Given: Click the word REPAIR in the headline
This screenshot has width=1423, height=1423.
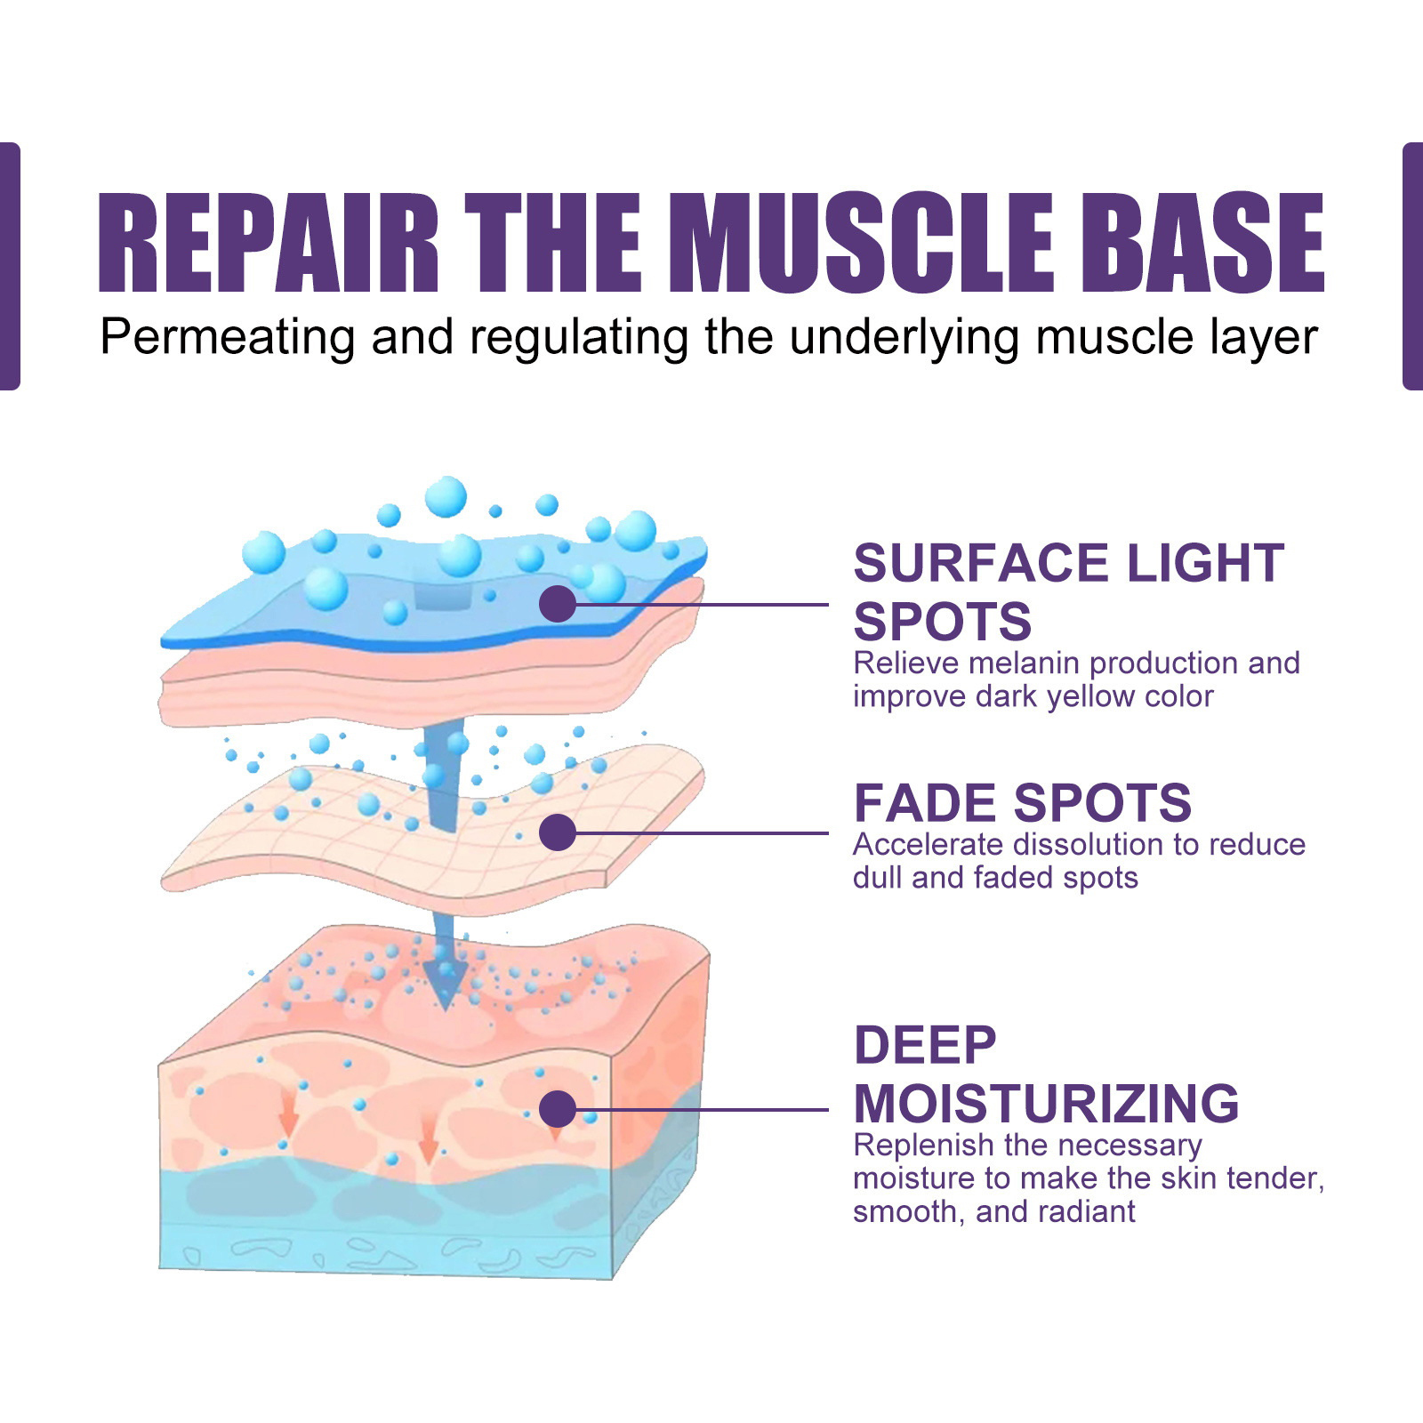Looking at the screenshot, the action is click(x=269, y=243).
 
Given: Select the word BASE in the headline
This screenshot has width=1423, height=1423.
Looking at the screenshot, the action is click(x=1202, y=243).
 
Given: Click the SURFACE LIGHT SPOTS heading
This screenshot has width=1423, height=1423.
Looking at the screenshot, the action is click(x=1068, y=591).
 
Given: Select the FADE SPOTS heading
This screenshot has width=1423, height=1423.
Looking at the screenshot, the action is click(x=1022, y=803).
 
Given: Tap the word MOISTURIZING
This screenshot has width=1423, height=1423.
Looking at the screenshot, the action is click(x=1046, y=1104).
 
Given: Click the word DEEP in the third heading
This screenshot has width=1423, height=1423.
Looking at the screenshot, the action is click(x=925, y=1045).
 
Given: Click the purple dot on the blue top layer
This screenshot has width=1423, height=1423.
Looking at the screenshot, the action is click(x=558, y=604).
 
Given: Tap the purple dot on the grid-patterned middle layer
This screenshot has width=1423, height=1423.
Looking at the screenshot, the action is click(x=558, y=832).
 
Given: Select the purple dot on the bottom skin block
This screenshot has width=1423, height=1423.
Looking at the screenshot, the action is click(x=558, y=1109).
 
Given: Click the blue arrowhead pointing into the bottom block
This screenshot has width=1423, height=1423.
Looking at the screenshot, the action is click(x=444, y=984).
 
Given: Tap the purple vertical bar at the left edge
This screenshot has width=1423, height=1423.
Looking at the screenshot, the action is click(x=10, y=266).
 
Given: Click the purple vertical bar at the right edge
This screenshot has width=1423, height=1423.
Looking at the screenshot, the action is click(x=1412, y=266).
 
